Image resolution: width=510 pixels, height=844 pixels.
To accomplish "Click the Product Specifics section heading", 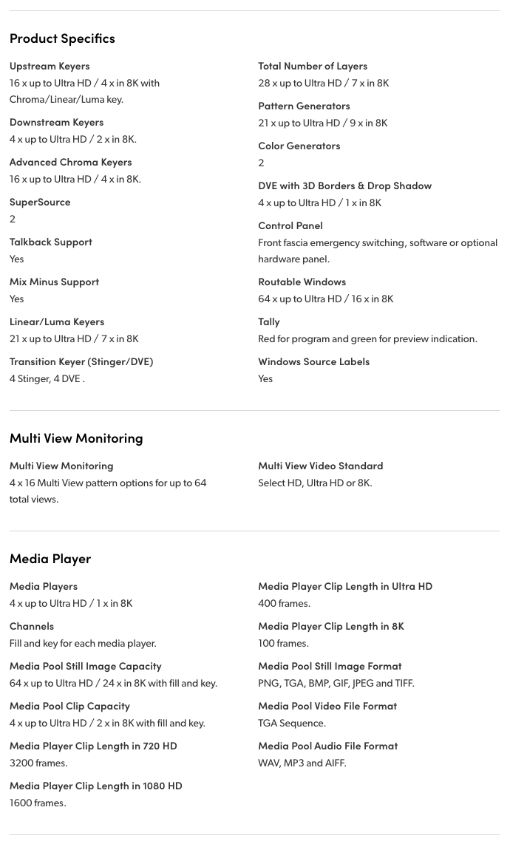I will (x=62, y=38).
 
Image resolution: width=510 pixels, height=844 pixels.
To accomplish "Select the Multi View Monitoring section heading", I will (x=76, y=438).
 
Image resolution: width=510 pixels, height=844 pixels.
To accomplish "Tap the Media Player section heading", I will (x=50, y=558).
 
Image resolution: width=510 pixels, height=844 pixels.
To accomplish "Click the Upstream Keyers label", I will (x=50, y=66).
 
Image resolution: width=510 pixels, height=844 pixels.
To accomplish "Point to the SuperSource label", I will (x=40, y=202).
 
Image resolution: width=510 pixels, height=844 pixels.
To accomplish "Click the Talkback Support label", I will (x=51, y=242).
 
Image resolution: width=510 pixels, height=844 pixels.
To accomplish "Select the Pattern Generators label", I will (x=304, y=106).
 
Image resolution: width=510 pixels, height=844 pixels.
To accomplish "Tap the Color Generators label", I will (x=299, y=146).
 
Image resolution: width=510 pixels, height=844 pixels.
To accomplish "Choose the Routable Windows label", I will (x=302, y=282).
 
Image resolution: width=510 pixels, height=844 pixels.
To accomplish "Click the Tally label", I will (x=269, y=321).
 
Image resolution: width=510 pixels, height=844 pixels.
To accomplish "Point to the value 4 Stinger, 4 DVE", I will (x=47, y=378).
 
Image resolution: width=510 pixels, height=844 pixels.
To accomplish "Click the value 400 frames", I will (x=284, y=603).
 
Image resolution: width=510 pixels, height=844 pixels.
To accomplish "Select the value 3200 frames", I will (x=38, y=763).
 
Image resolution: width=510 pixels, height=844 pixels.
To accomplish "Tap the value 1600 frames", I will (x=38, y=803).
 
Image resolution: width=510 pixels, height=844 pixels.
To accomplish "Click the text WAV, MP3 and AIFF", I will (x=302, y=763).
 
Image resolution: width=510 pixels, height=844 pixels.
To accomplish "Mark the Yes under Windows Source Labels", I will (x=265, y=378).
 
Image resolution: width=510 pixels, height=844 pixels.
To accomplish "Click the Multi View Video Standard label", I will (x=320, y=466).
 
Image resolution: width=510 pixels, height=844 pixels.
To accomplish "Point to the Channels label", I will (x=32, y=626).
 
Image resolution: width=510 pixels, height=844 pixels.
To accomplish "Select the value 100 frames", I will (x=283, y=643).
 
